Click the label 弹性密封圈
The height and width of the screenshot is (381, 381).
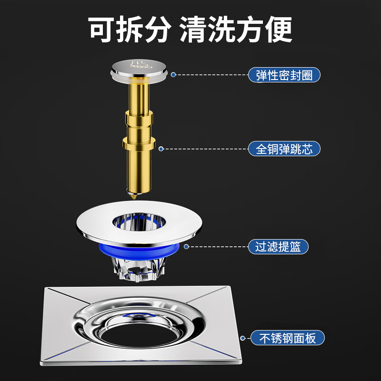tap(284, 75)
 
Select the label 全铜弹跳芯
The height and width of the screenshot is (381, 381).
tap(284, 149)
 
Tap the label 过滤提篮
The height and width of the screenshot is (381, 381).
tap(278, 247)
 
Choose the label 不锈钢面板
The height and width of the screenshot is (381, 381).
tap(287, 338)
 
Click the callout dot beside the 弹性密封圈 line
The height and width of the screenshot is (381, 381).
tap(173, 75)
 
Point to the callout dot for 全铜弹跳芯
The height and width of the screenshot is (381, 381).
tap(161, 149)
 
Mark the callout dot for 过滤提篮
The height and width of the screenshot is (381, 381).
tap(186, 247)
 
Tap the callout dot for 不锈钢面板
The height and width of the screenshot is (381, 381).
tap(243, 338)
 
